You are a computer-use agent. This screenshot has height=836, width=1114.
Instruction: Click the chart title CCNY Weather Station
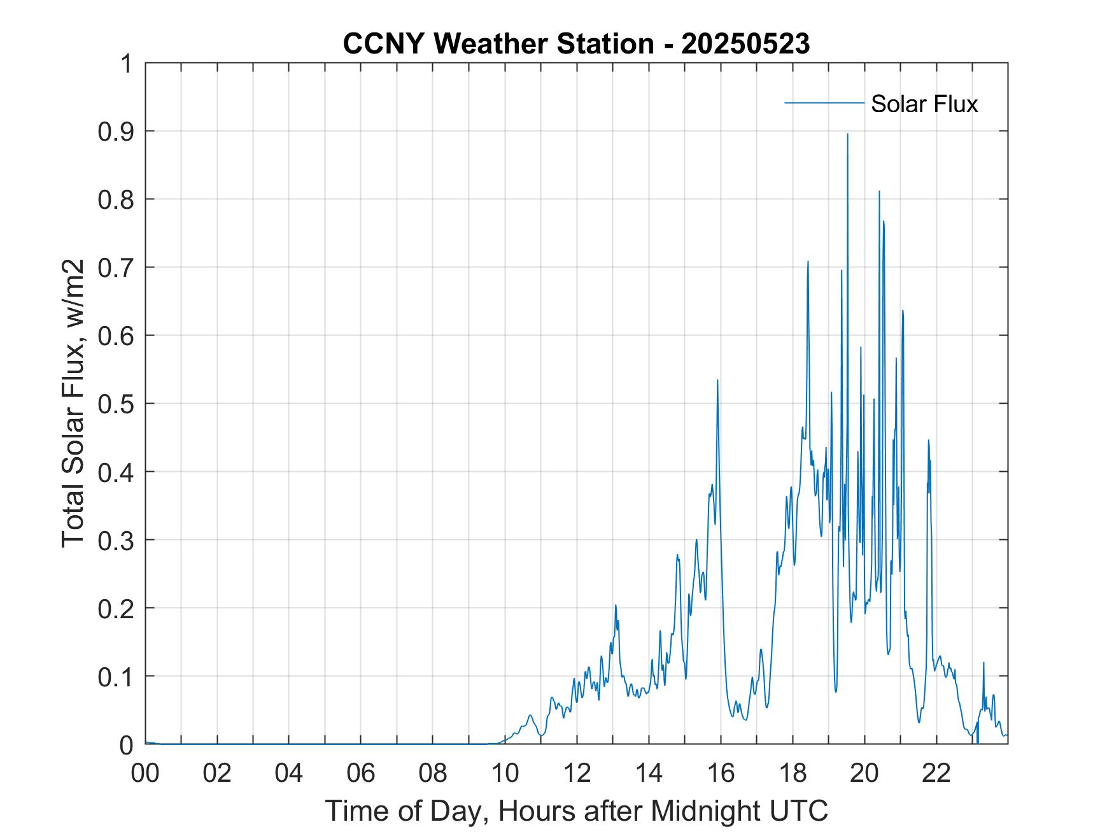coord(498,45)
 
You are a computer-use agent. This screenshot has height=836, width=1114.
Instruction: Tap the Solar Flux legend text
coord(924,104)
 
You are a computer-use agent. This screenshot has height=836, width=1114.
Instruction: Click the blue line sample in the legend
coord(824,103)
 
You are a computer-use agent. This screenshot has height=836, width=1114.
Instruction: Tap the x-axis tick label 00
coord(145,774)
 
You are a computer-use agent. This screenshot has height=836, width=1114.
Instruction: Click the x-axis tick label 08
coord(433,774)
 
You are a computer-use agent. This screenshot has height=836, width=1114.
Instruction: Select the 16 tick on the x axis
coord(721,774)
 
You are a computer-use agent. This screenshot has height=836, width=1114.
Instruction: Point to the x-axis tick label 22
coord(936,774)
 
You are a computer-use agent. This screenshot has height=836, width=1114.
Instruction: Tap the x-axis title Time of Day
coord(576,811)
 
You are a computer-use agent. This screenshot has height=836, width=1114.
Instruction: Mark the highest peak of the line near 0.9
coord(847,134)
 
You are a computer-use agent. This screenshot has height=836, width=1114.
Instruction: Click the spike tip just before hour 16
coord(717,380)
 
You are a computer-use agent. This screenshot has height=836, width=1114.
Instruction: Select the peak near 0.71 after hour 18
coord(808,261)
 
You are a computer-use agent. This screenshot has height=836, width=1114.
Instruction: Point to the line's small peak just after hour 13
coord(616,605)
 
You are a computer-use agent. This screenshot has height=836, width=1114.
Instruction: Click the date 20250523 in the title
coord(745,45)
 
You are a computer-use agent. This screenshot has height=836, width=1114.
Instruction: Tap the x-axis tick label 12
coord(577,774)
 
